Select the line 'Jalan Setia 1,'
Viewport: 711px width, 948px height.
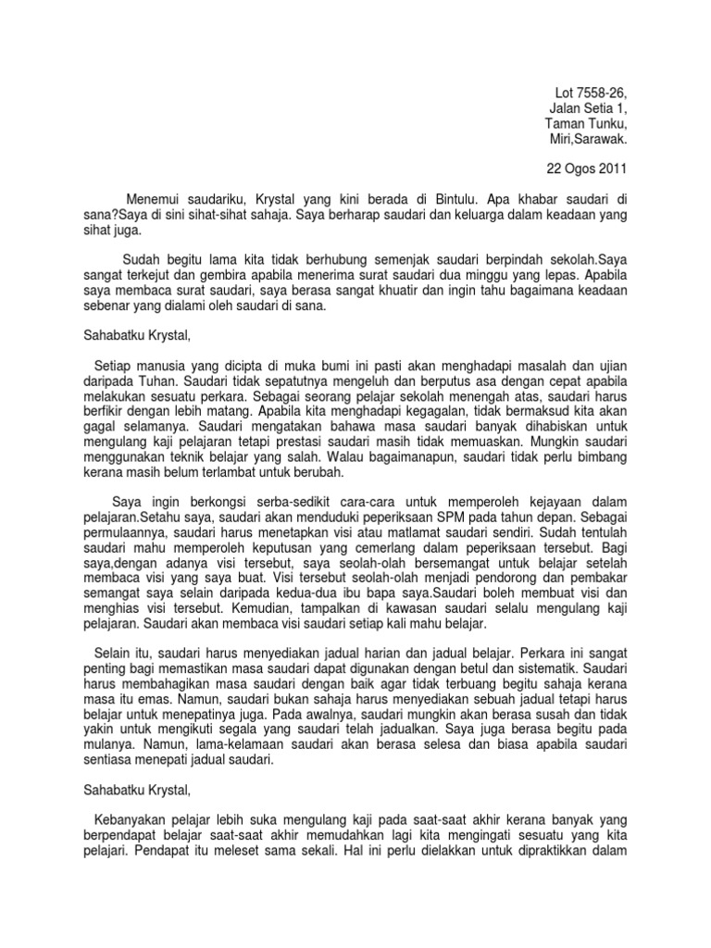point(596,109)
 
